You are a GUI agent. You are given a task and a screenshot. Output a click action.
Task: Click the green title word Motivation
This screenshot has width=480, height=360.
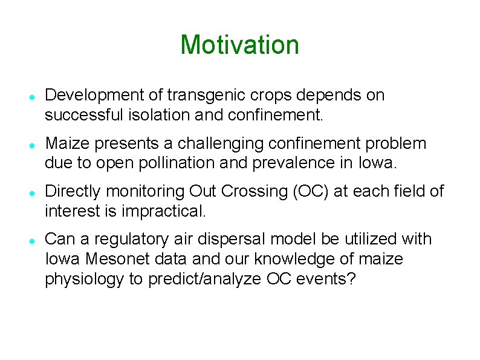coord(239,45)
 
